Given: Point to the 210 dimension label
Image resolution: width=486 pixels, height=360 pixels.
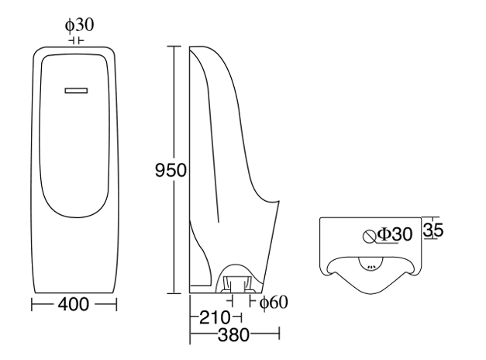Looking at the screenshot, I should coord(212,318).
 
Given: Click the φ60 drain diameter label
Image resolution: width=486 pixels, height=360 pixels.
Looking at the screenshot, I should coord(273,302).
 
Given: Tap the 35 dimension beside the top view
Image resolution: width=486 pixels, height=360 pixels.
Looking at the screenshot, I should coord(433,230).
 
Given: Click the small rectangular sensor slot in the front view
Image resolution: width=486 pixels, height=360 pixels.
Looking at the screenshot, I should coord(76,91).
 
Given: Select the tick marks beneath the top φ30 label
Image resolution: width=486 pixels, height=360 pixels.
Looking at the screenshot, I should coord(76,40).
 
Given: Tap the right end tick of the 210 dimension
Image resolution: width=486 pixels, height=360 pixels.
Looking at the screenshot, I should coord(243,318).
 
